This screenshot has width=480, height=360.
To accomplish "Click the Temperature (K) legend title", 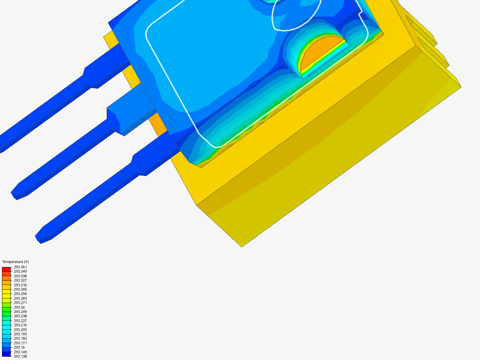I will (15, 262).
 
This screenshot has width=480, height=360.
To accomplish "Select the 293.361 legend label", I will (20, 267).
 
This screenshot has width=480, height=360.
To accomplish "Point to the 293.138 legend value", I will (20, 356).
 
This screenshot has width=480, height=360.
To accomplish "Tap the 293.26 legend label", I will (19, 307).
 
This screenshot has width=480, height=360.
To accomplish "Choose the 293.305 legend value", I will (20, 289).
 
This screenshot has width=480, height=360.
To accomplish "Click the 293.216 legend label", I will (20, 325).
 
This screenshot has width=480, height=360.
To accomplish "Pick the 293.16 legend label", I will (19, 347).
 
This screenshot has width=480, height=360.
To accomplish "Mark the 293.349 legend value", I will (20, 271).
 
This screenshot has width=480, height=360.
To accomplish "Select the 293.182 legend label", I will (20, 338).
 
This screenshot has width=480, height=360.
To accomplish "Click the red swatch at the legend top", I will (6, 269).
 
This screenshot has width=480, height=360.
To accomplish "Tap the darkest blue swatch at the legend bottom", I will (6, 354).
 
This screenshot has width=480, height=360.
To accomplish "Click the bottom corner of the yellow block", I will (242, 246).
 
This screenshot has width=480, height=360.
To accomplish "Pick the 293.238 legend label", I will (20, 316).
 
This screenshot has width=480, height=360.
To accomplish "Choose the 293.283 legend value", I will (20, 298).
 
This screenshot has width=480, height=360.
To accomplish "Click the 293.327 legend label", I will (20, 280).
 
